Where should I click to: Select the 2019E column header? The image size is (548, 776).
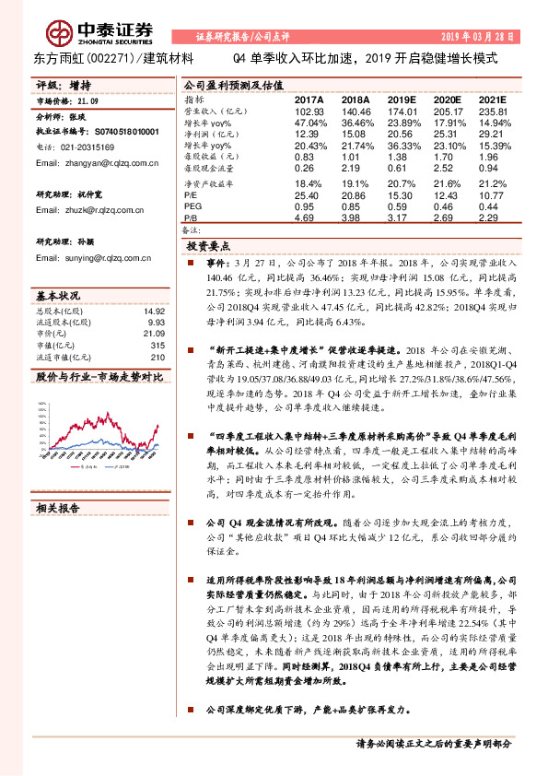(x=403, y=98)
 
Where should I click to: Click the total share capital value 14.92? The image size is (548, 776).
(x=155, y=311)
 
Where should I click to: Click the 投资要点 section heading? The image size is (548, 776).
(x=208, y=248)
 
